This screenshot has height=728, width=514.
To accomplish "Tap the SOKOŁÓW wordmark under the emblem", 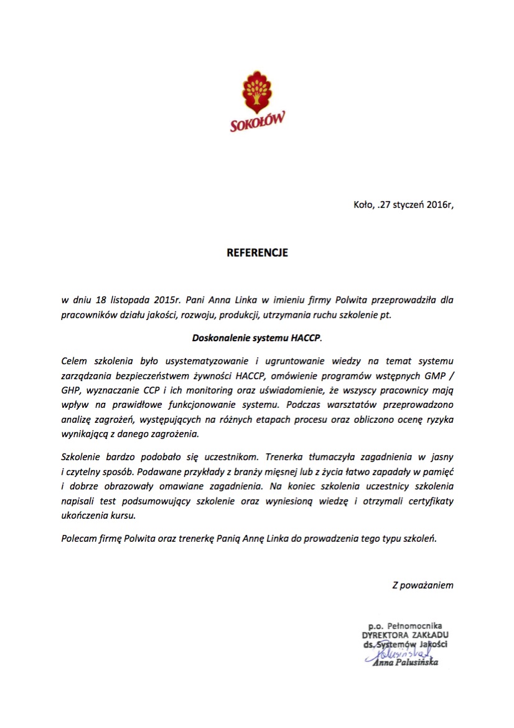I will tap(257, 121).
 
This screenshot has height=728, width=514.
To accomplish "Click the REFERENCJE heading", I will tap(257, 253).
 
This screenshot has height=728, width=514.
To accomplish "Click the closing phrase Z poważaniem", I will tap(423, 585).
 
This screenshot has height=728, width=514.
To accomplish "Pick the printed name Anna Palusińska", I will tap(405, 663).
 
